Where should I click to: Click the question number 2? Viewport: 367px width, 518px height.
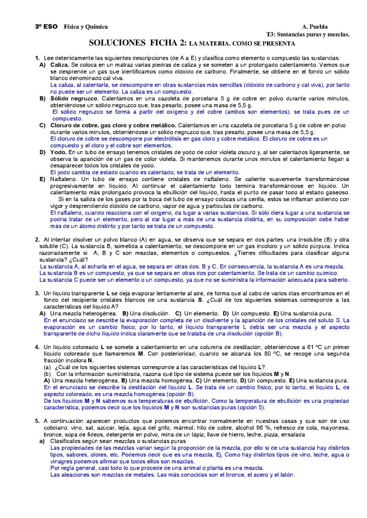(x=37, y=239)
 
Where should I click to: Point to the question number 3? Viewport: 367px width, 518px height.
(x=37, y=293)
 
